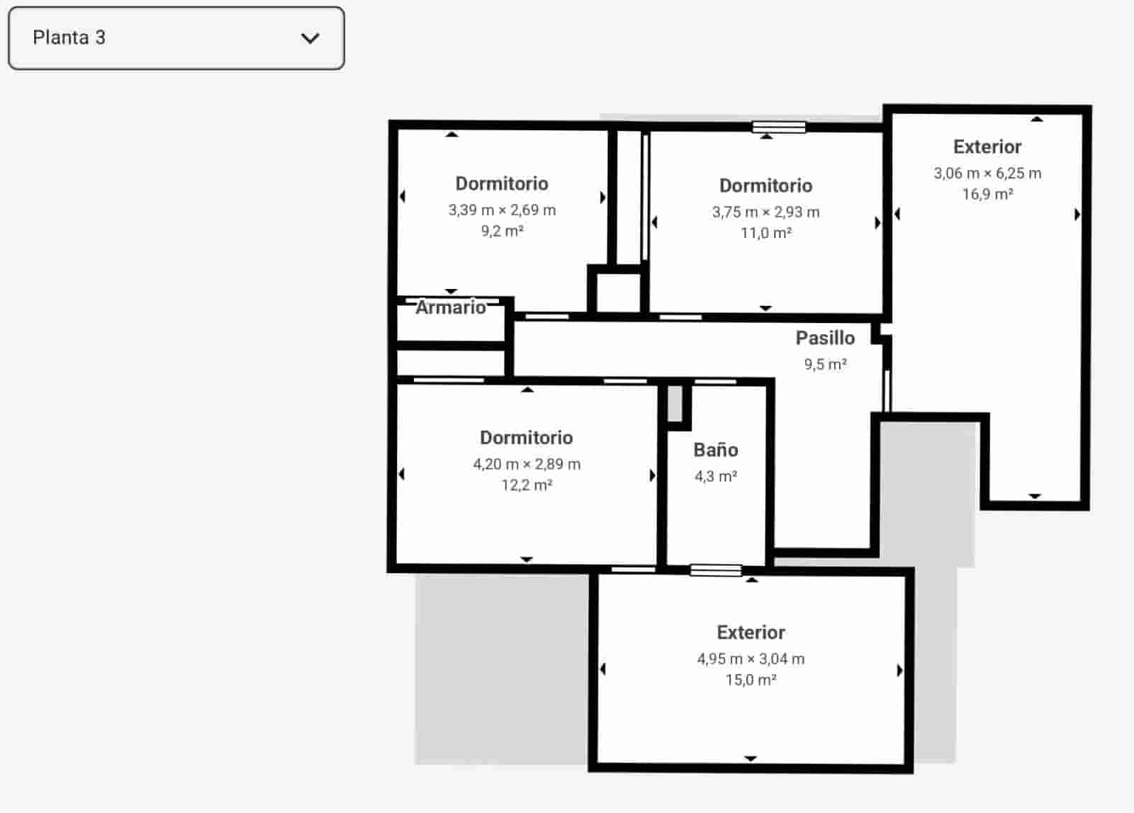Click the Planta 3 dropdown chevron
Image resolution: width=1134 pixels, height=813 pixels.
tap(310, 38)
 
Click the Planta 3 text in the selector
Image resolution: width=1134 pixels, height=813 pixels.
tap(69, 38)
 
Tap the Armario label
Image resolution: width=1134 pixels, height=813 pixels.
tap(451, 307)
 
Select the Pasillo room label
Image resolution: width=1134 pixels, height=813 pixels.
tap(825, 338)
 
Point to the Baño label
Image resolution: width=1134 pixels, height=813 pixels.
tap(716, 450)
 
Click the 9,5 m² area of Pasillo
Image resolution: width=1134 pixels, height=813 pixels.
tap(825, 364)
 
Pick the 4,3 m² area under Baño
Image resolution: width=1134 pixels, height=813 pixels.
tap(716, 476)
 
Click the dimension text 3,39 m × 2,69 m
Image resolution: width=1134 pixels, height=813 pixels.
tap(502, 210)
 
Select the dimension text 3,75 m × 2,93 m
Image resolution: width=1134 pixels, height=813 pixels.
tap(765, 212)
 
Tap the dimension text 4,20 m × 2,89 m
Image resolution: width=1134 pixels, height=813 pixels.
tap(527, 464)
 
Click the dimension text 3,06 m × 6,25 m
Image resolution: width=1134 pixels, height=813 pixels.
tap(987, 173)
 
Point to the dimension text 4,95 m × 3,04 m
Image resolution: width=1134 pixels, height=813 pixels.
tap(751, 659)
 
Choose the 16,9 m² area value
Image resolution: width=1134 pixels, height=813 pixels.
tap(987, 194)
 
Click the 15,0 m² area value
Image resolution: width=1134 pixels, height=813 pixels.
tap(751, 680)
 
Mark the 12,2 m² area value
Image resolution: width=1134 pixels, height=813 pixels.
tap(527, 485)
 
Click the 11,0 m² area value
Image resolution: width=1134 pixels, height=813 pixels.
tap(765, 233)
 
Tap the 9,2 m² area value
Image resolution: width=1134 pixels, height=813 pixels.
tap(502, 231)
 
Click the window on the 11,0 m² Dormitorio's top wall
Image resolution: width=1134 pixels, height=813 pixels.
tap(778, 127)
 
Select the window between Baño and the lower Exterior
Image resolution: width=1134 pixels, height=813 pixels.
tap(716, 570)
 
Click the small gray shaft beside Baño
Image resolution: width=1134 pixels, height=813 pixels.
tap(675, 404)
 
